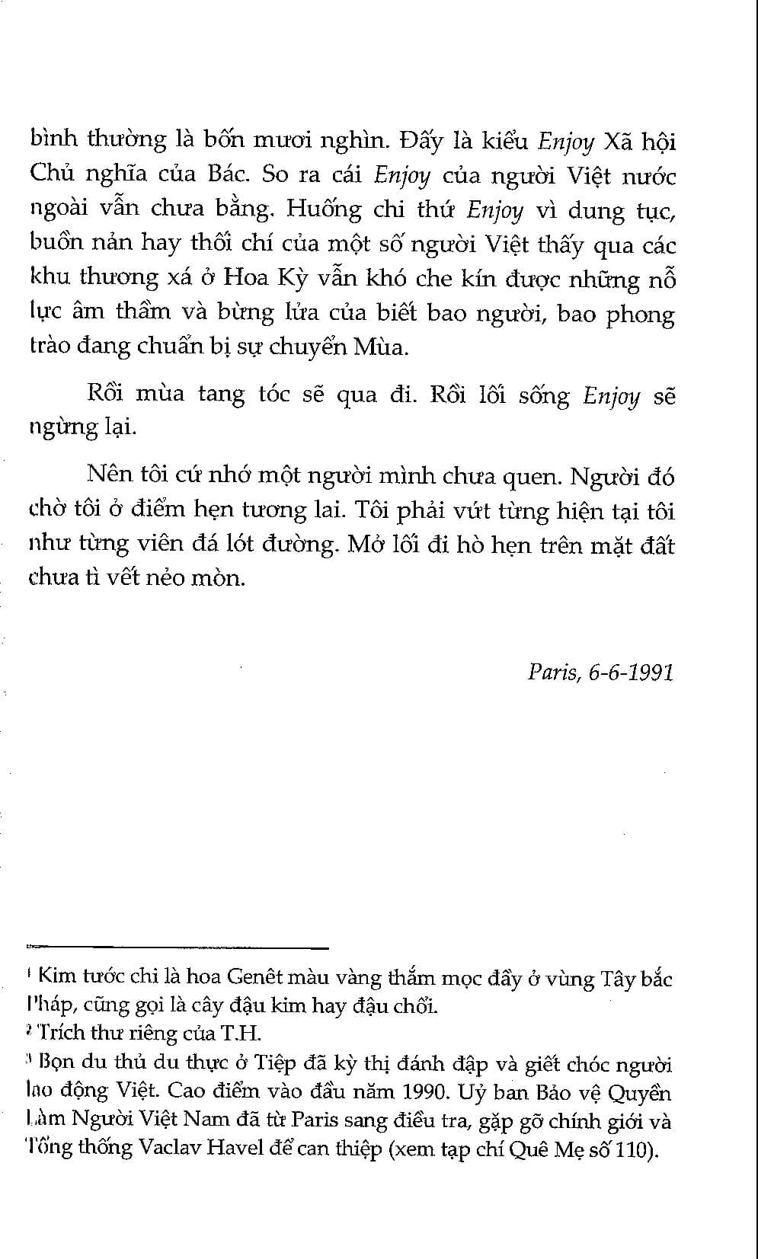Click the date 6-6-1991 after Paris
(631, 673)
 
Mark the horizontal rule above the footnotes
(177, 947)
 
